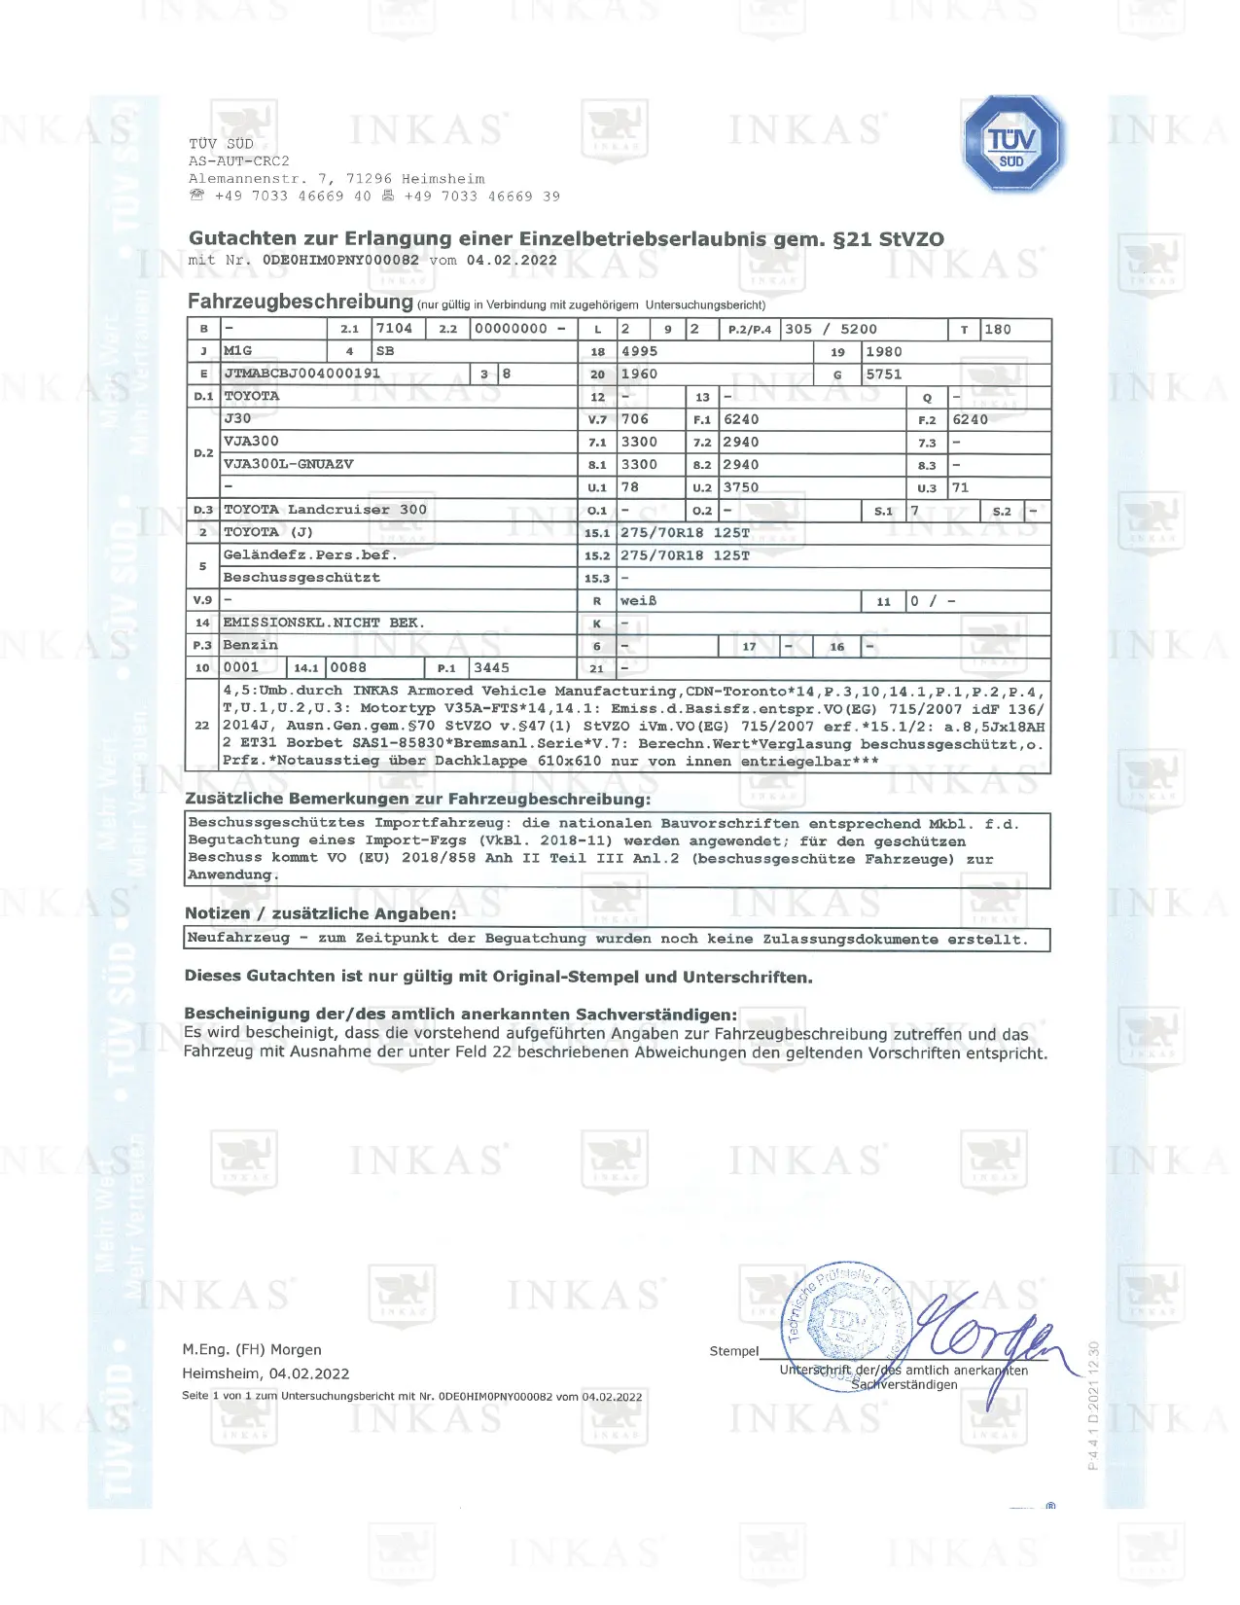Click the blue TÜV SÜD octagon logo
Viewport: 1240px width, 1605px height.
coord(1013,144)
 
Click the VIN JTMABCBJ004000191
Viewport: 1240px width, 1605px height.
coord(301,374)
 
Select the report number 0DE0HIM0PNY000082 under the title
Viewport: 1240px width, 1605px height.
coord(340,261)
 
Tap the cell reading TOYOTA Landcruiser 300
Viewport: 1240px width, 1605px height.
coord(325,510)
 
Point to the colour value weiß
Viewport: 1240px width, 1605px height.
coord(638,601)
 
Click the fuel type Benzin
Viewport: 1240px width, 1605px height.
coord(250,645)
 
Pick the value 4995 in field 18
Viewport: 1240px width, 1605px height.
coord(639,351)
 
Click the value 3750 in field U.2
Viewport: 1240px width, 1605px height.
coord(740,487)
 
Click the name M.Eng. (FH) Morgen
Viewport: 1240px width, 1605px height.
coord(252,1349)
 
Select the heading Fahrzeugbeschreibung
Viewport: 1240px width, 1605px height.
coord(300,302)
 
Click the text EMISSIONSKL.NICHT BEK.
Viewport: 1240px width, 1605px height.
coord(324,623)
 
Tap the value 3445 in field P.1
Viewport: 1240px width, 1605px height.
coord(491,668)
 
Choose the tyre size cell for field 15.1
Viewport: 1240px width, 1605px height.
coord(685,533)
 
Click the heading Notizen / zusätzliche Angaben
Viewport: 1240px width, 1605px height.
coord(320,913)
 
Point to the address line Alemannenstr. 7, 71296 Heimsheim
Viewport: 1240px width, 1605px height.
coord(337,179)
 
